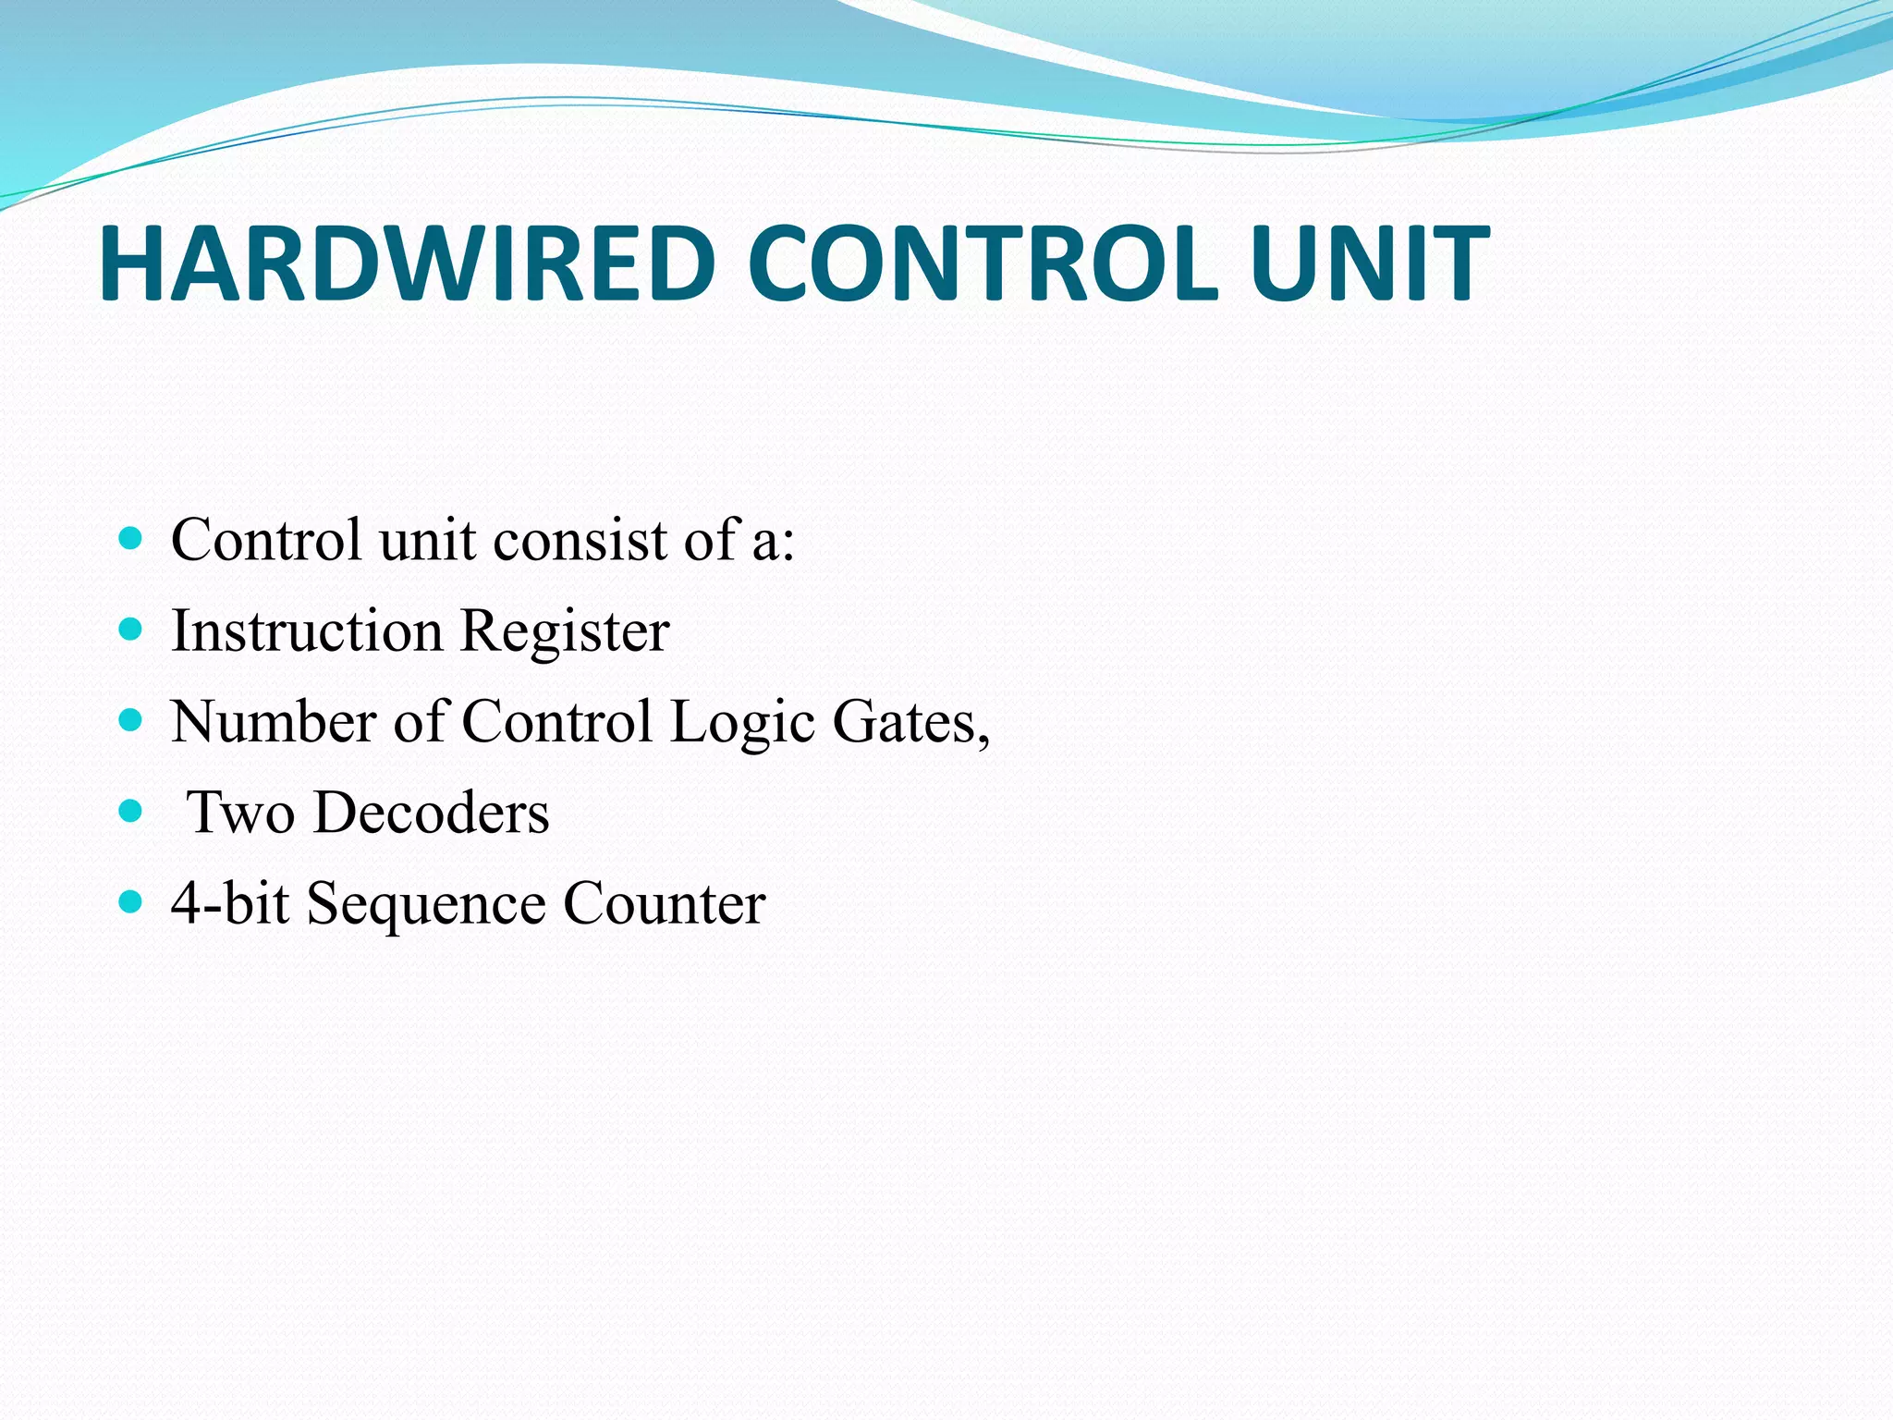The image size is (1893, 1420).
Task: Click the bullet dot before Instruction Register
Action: point(131,630)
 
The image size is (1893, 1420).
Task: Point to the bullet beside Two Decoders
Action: point(131,812)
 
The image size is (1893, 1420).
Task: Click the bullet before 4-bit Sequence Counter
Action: point(131,902)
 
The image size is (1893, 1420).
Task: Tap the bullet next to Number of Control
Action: point(131,720)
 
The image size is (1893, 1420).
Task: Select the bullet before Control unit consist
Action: point(131,539)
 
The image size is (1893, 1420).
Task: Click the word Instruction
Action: point(307,630)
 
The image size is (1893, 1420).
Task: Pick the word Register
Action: point(564,632)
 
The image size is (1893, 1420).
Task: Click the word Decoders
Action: point(432,813)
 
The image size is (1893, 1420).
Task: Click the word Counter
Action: point(664,903)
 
